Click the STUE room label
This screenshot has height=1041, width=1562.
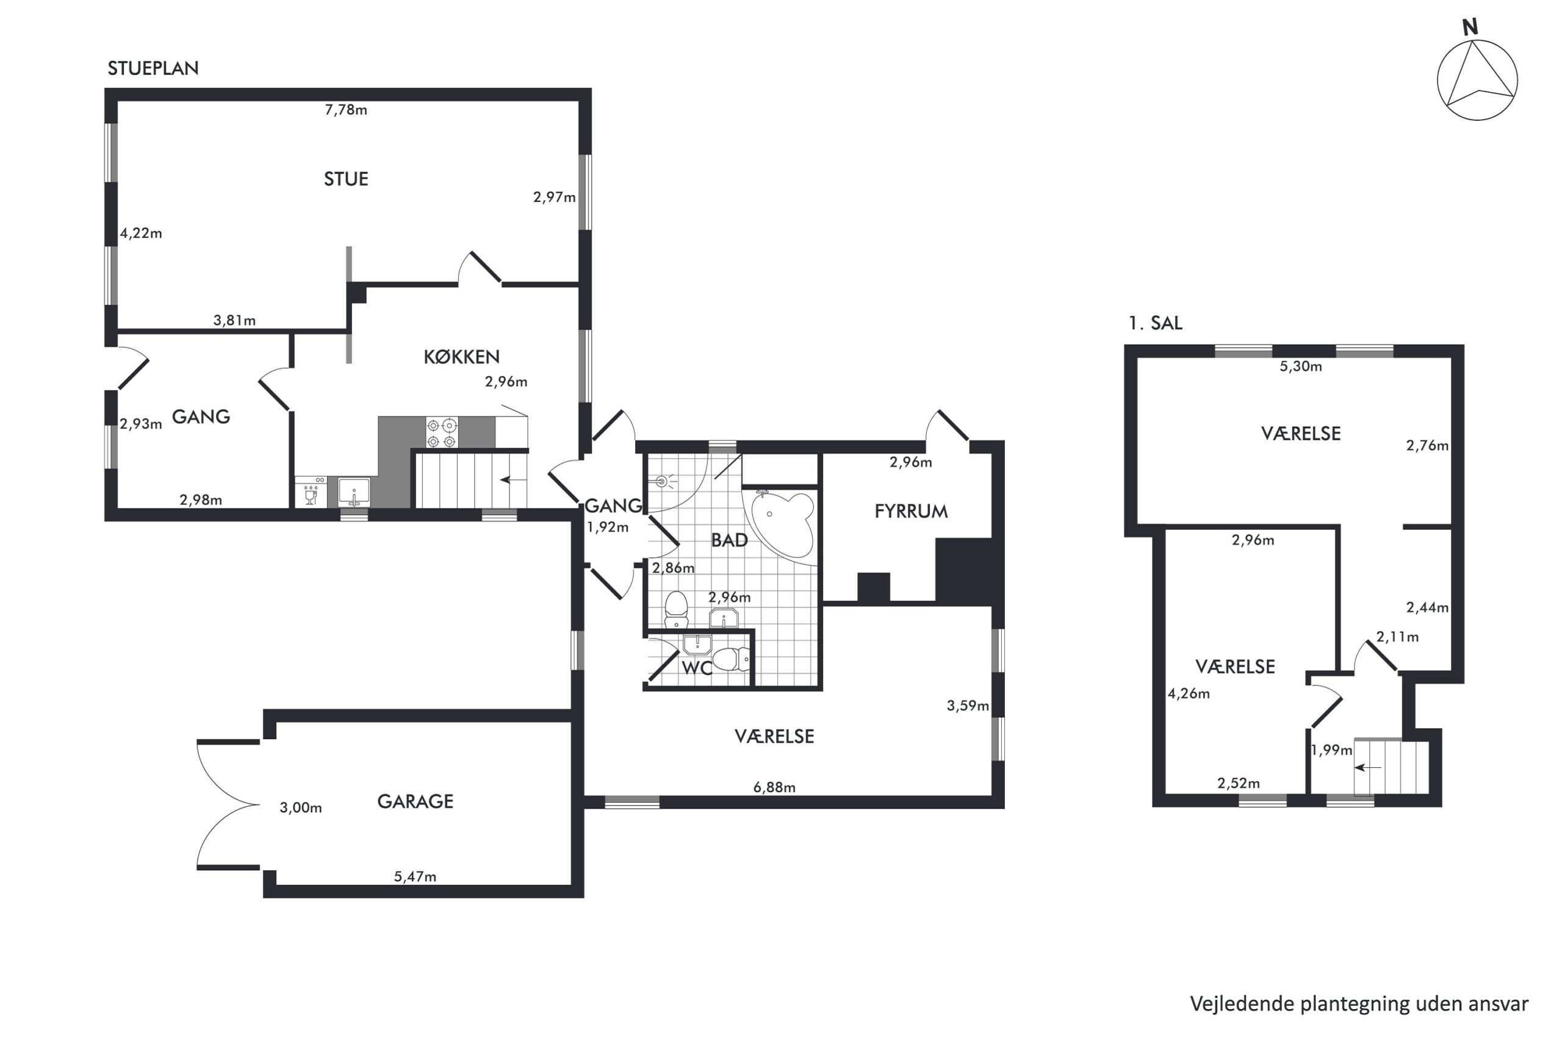(346, 179)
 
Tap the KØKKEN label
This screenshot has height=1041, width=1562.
(461, 357)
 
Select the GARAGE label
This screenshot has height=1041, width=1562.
(415, 801)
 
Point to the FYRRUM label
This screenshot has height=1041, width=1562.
(910, 511)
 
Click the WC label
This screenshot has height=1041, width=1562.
(697, 668)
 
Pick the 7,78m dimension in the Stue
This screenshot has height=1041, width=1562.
(346, 110)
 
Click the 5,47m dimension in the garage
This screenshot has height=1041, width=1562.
(415, 876)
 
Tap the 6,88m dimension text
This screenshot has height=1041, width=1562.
(774, 787)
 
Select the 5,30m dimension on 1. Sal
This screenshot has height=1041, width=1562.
(1301, 367)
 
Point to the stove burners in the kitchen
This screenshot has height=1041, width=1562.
(442, 433)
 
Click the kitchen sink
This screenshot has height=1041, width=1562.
(354, 493)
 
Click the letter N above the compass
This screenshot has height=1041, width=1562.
(1470, 27)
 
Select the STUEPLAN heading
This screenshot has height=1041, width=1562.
(153, 68)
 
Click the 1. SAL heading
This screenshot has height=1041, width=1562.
(1156, 323)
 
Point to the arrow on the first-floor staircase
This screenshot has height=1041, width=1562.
(1368, 767)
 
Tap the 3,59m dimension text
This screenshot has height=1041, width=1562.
(968, 706)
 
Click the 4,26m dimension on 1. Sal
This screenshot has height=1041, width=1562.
(1189, 694)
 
